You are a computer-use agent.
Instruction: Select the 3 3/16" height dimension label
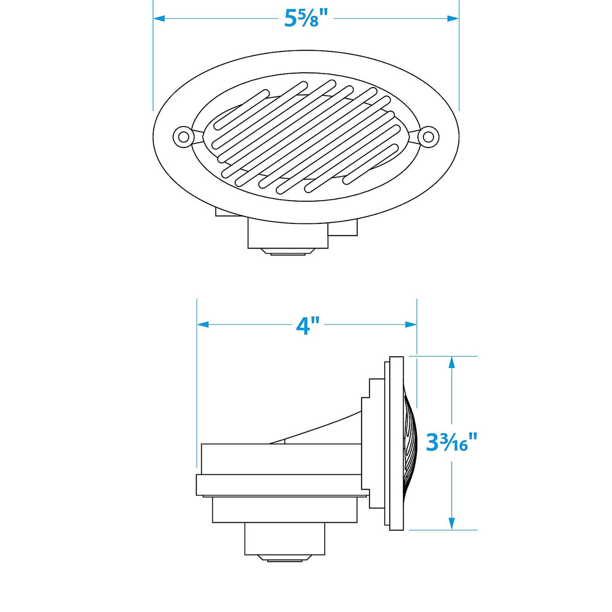(x=451, y=442)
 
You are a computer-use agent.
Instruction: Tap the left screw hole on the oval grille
(x=182, y=136)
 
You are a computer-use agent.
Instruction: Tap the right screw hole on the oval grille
(x=427, y=136)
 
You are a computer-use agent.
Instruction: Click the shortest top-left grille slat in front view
(x=242, y=106)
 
